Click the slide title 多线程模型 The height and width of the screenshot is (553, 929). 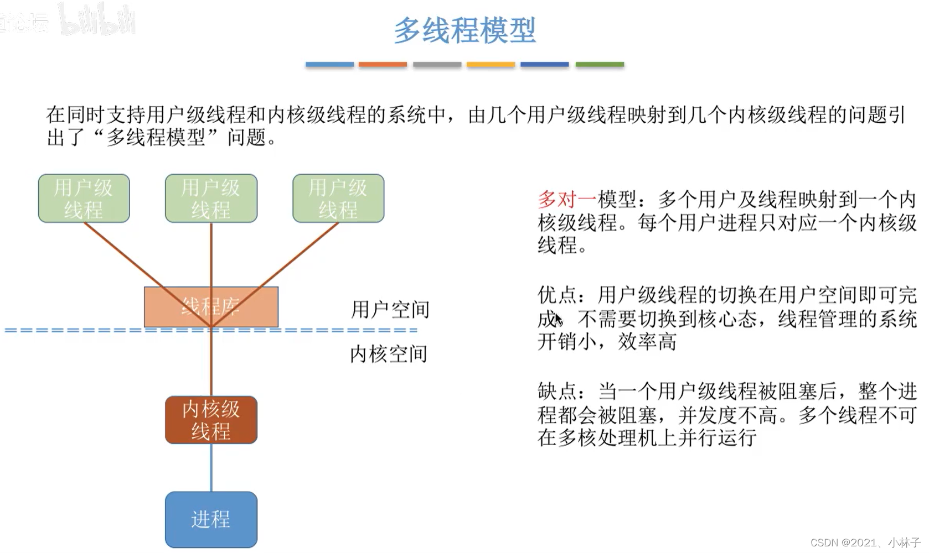pos(464,30)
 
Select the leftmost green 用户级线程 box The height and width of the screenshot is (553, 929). pos(84,199)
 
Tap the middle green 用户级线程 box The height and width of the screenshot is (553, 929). pos(211,199)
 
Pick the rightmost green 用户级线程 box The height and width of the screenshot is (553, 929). pos(338,199)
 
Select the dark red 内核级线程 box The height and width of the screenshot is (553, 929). pos(211,420)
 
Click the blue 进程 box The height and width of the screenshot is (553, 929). pos(211,519)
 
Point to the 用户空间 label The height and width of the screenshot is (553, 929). pos(390,310)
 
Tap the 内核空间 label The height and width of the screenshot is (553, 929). pos(389,354)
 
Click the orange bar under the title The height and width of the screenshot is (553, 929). pos(383,65)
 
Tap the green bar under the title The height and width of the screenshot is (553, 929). pos(600,65)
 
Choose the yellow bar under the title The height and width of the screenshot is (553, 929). pos(491,65)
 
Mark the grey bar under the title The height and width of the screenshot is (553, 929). pos(437,65)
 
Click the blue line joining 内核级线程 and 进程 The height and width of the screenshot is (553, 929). pos(211,468)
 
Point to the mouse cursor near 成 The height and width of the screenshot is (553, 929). pos(558,320)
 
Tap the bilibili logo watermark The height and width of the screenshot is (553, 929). pos(97,20)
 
